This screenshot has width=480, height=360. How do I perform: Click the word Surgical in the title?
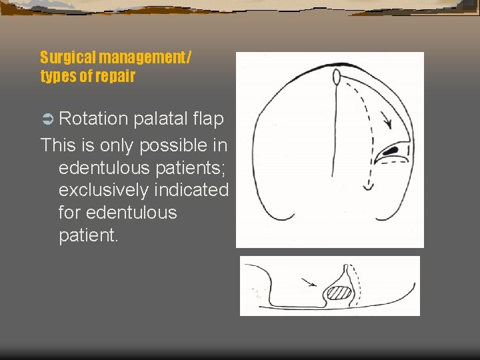pos(67,58)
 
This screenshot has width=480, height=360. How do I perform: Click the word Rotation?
pos(93,119)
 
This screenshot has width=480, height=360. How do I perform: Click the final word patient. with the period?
pos(89,235)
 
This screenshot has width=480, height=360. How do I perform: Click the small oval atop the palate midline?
pos(337,77)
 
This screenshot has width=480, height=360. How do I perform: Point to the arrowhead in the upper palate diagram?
pos(386,123)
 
